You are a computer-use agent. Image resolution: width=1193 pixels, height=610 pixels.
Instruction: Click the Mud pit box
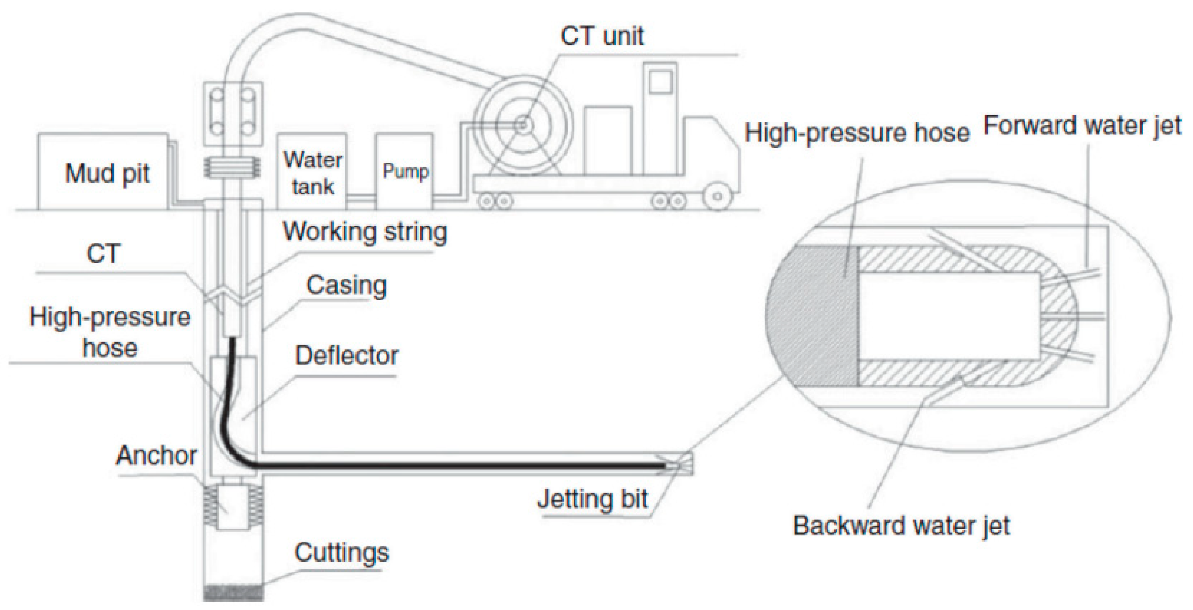(x=103, y=172)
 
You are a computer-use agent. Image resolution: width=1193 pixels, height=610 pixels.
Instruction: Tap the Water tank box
(x=312, y=172)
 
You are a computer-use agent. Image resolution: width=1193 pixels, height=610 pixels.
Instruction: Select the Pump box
(x=404, y=171)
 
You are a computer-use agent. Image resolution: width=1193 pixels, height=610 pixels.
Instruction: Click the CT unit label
(x=602, y=36)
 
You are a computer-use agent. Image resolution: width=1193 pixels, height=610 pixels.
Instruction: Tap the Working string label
(x=365, y=232)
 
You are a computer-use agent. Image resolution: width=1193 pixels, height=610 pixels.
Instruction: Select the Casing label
(x=346, y=286)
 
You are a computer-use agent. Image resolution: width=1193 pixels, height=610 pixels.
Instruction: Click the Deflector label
(x=346, y=356)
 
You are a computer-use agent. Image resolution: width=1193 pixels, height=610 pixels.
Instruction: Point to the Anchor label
(x=156, y=455)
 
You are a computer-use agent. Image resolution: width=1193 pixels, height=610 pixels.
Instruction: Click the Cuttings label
(x=341, y=553)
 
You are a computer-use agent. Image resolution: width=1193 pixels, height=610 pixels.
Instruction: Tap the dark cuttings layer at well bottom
(x=233, y=592)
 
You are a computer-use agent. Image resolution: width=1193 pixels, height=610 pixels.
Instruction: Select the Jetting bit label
(x=592, y=499)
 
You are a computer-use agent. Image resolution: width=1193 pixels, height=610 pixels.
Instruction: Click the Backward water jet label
(x=901, y=526)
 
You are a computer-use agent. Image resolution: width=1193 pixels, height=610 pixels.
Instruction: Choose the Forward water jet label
(x=1082, y=126)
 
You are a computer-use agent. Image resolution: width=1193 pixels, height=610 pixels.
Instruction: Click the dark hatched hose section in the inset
(x=813, y=316)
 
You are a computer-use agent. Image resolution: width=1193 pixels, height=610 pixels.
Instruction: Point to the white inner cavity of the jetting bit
(x=949, y=316)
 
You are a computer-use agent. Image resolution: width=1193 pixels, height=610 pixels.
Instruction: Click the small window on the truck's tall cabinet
(x=660, y=82)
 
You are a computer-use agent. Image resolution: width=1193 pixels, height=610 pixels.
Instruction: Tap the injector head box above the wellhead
(x=232, y=113)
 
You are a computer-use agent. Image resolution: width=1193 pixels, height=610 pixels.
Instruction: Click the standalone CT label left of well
(x=103, y=254)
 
